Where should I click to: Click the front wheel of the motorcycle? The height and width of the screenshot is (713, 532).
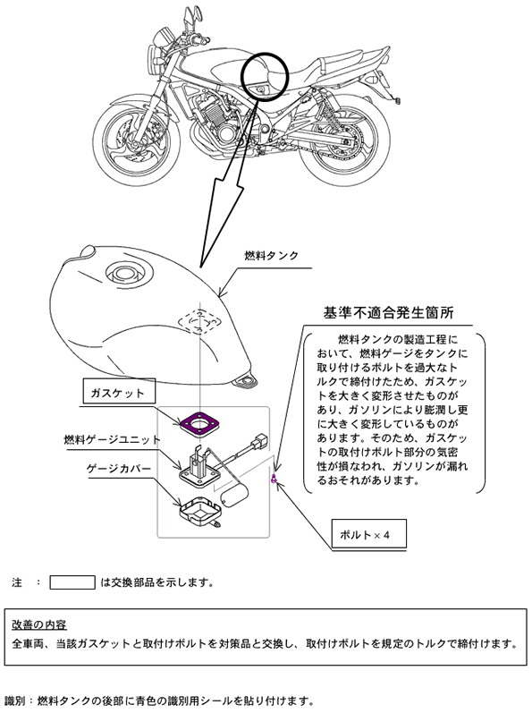pyautogui.click(x=137, y=142)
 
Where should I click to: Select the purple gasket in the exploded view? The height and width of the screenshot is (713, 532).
pyautogui.click(x=199, y=423)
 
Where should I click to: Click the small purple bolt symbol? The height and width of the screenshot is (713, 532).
pyautogui.click(x=274, y=479)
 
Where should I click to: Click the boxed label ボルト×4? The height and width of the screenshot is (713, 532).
pyautogui.click(x=368, y=534)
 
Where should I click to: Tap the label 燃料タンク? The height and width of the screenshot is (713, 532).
pyautogui.click(x=271, y=256)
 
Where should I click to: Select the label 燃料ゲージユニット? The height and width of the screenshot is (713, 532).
pyautogui.click(x=113, y=440)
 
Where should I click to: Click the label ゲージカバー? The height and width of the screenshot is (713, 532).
pyautogui.click(x=119, y=469)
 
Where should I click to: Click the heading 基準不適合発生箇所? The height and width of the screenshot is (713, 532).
pyautogui.click(x=388, y=312)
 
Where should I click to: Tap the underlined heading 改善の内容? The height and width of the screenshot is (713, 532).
pyautogui.click(x=39, y=624)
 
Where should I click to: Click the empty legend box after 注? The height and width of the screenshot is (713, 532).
pyautogui.click(x=72, y=582)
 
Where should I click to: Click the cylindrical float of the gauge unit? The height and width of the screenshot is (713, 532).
pyautogui.click(x=234, y=496)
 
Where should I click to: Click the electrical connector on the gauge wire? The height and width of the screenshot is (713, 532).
pyautogui.click(x=261, y=441)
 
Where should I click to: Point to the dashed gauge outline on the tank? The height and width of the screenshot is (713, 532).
pyautogui.click(x=199, y=321)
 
